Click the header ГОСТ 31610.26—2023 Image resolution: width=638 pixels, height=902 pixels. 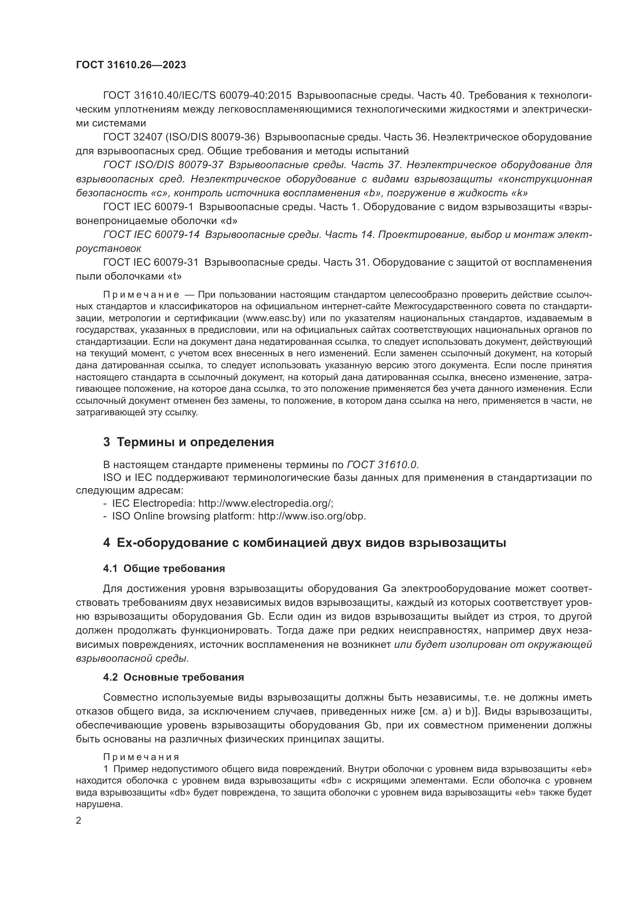[131, 65]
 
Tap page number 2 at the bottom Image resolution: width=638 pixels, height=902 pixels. [79, 820]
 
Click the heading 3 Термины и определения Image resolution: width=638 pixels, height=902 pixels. [189, 442]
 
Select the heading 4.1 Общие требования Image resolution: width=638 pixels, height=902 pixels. [164, 568]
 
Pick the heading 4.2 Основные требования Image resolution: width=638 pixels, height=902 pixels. [173, 677]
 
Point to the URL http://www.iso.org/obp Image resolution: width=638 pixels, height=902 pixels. [312, 516]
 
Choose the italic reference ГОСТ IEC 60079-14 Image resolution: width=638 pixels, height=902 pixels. [151, 234]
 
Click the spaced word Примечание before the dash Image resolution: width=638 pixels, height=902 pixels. [141, 295]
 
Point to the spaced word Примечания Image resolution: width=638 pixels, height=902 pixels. [141, 757]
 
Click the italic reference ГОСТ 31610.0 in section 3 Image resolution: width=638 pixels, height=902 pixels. [382, 465]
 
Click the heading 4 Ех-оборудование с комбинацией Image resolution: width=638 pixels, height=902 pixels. [304, 543]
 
